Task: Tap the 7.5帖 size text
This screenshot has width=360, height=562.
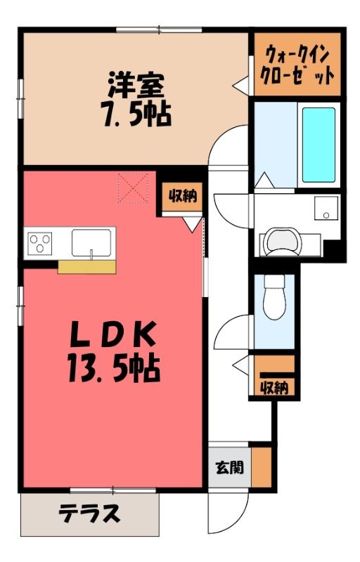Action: pos(136,114)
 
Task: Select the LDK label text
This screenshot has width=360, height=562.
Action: pos(113,334)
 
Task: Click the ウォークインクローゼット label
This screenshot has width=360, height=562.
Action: pos(297,65)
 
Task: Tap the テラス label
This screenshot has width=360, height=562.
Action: pos(89,513)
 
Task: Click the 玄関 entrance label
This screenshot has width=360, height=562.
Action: pos(229,467)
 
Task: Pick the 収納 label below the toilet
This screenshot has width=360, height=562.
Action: pos(274,387)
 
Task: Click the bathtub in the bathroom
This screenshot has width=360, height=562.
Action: pos(319,145)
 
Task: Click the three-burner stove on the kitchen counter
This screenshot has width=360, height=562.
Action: pos(40,243)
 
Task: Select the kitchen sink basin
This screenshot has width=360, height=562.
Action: pos(91,242)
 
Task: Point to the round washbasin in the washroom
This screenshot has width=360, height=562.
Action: pos(282,242)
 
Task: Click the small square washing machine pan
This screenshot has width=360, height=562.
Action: pos(326,208)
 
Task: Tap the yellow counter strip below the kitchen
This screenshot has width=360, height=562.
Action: pos(86,267)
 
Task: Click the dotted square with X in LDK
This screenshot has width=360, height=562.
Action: pos(133,188)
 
